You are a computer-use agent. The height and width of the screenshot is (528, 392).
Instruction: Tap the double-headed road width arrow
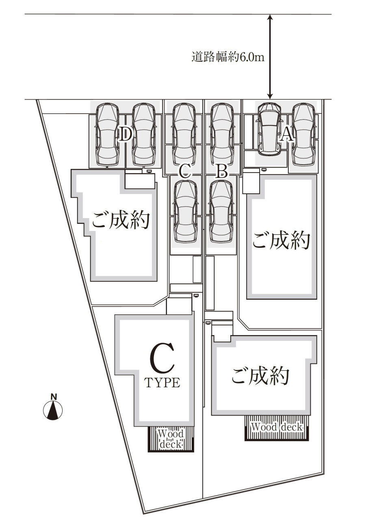(x=269, y=57)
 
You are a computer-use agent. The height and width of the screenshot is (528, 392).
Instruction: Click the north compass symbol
(x=53, y=409)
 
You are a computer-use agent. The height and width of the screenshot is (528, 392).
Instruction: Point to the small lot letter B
(x=221, y=171)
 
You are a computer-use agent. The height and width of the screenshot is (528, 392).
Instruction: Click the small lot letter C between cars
(x=184, y=171)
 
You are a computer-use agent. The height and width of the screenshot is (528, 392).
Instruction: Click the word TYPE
(x=162, y=383)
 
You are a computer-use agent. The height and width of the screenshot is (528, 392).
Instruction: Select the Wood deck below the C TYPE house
(x=171, y=439)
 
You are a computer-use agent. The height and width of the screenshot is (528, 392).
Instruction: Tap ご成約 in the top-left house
(x=121, y=220)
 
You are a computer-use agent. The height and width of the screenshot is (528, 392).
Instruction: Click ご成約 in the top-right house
(x=281, y=240)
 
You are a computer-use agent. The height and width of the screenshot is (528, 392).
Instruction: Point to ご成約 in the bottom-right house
(x=260, y=376)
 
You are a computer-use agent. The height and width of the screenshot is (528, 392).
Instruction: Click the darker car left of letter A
(x=270, y=129)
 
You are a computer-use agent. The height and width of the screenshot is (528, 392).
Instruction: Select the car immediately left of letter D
(x=107, y=134)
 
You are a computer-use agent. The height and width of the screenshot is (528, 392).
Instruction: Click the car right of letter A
(x=303, y=134)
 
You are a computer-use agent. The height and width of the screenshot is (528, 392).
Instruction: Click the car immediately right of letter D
(x=144, y=134)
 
